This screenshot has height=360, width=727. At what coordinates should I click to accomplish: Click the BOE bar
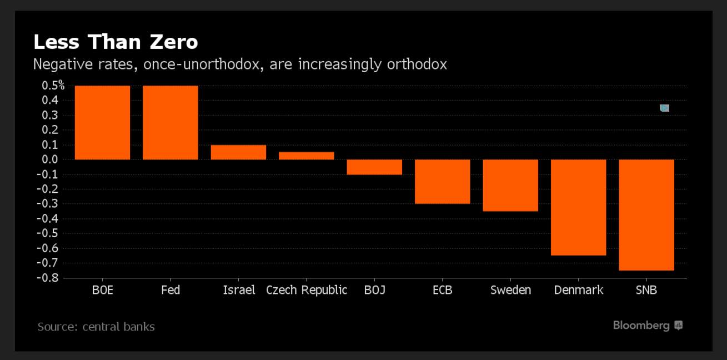[x=102, y=122]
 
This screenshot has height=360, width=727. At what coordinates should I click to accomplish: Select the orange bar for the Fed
[x=171, y=122]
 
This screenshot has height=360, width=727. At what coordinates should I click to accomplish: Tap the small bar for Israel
[x=238, y=152]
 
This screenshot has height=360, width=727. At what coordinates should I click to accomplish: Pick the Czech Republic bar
[x=307, y=156]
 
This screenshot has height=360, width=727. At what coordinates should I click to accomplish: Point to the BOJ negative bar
[x=374, y=167]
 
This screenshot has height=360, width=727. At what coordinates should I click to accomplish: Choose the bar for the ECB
[x=443, y=182]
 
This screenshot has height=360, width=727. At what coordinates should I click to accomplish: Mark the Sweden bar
[x=510, y=186]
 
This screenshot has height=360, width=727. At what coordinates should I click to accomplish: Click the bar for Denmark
[x=578, y=207]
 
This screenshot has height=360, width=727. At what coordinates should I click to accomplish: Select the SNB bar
[x=646, y=215]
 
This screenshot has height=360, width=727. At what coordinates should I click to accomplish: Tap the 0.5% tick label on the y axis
[x=53, y=86]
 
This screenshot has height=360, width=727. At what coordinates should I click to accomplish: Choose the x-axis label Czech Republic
[x=307, y=290]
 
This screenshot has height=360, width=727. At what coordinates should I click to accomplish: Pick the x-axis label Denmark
[x=578, y=290]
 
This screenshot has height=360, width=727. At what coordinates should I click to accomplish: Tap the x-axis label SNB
[x=646, y=290]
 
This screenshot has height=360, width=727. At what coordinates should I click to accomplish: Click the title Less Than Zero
[x=116, y=42]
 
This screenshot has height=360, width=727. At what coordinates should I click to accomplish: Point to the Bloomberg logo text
[x=641, y=326]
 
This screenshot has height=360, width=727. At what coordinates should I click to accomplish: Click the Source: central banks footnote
[x=96, y=327]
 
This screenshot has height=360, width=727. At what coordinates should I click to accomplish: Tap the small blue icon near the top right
[x=664, y=108]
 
